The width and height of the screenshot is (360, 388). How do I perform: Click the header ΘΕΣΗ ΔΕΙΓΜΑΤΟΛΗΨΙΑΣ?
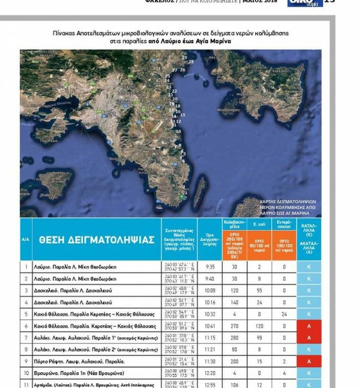click(96, 239)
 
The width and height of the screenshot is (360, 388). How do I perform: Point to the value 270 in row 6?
click(234, 326)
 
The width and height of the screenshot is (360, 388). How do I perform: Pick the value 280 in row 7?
click(234, 338)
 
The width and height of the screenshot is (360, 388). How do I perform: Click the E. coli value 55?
click(259, 291)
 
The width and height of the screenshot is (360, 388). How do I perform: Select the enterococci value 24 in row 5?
click(284, 314)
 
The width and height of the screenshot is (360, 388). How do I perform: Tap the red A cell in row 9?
click(309, 362)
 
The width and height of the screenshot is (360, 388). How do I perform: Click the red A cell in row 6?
click(309, 326)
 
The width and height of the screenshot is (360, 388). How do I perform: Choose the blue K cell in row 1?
click(309, 267)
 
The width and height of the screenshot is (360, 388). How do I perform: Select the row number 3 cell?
click(26, 291)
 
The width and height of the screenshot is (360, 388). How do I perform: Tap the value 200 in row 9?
click(234, 362)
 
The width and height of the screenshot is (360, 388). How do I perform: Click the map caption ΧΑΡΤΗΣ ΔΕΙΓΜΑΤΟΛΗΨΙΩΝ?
click(288, 201)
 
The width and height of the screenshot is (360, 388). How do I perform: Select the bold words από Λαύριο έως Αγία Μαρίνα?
click(189, 41)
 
